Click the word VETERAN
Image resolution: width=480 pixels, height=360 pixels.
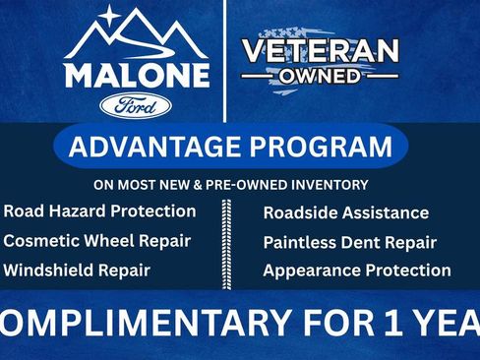321,51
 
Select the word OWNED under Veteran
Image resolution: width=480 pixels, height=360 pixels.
321,76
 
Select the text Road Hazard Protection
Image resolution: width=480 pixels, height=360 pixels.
99,211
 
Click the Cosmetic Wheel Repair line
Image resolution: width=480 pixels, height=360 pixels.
96,241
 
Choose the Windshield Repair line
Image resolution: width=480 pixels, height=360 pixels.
77,270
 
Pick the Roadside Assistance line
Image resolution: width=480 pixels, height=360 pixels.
345,212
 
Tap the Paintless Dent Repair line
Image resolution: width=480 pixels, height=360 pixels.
349,242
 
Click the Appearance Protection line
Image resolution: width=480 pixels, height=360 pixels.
356,270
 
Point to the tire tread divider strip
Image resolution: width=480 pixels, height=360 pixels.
228,241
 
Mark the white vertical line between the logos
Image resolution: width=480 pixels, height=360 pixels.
225,59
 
